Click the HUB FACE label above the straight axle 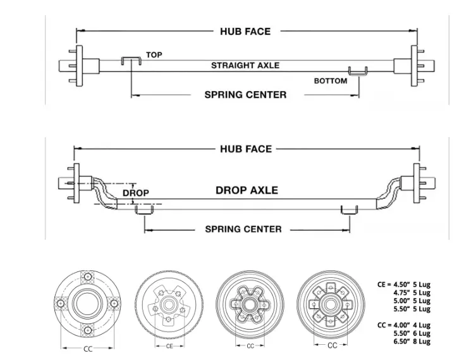[245, 32]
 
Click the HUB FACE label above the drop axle [246, 149]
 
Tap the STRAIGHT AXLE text [245, 65]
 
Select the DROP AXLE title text [247, 190]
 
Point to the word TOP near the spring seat [154, 54]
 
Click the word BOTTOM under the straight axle [331, 81]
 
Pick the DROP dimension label [136, 193]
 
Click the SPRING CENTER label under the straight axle [245, 94]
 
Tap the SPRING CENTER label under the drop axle [243, 229]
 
